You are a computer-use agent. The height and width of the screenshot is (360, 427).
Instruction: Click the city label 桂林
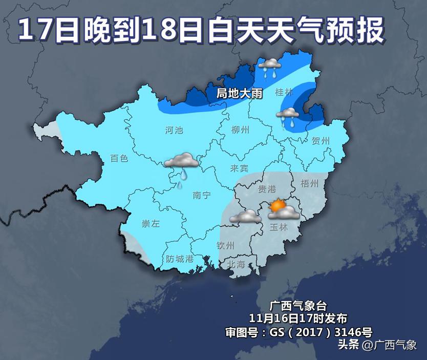(284, 92)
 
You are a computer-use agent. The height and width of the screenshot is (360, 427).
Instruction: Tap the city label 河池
(174, 130)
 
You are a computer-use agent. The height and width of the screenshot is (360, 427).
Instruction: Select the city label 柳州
(240, 130)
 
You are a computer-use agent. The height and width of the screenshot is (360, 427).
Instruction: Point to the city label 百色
(119, 158)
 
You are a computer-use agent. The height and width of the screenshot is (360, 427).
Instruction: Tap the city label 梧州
(310, 183)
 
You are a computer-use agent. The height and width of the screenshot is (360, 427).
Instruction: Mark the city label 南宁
(202, 195)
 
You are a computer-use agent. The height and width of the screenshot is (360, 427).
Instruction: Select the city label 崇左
(151, 224)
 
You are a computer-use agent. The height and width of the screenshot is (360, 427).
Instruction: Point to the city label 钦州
(225, 245)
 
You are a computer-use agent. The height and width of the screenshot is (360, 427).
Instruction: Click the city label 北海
(237, 264)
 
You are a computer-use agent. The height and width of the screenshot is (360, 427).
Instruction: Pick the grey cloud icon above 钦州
(245, 217)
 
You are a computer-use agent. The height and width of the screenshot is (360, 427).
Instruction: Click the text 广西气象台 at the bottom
(297, 306)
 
